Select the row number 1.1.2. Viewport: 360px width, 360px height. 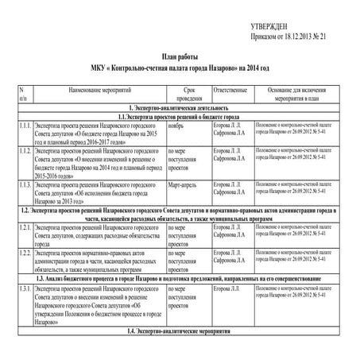click(24, 149)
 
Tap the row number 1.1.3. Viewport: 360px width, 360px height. click(24, 184)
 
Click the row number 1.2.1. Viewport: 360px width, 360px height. click(24, 226)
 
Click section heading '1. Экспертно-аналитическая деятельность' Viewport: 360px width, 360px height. click(178, 106)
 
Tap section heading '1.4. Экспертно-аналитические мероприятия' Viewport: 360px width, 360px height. click(178, 329)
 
